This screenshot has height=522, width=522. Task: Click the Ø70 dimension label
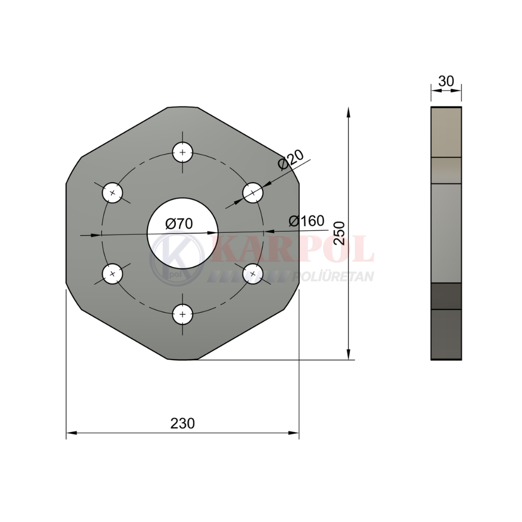pos(179,224)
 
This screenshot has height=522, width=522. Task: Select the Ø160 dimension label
pos(306,221)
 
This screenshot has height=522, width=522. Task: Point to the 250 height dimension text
pos(340,233)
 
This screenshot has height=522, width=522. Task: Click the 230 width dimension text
pos(182,423)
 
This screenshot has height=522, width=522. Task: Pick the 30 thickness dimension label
pos(446,81)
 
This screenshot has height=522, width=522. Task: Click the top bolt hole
pos(182,152)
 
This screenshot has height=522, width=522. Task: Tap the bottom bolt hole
pos(182,314)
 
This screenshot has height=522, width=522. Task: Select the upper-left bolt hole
pos(113,193)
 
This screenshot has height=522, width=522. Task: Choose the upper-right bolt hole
pos(253,193)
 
